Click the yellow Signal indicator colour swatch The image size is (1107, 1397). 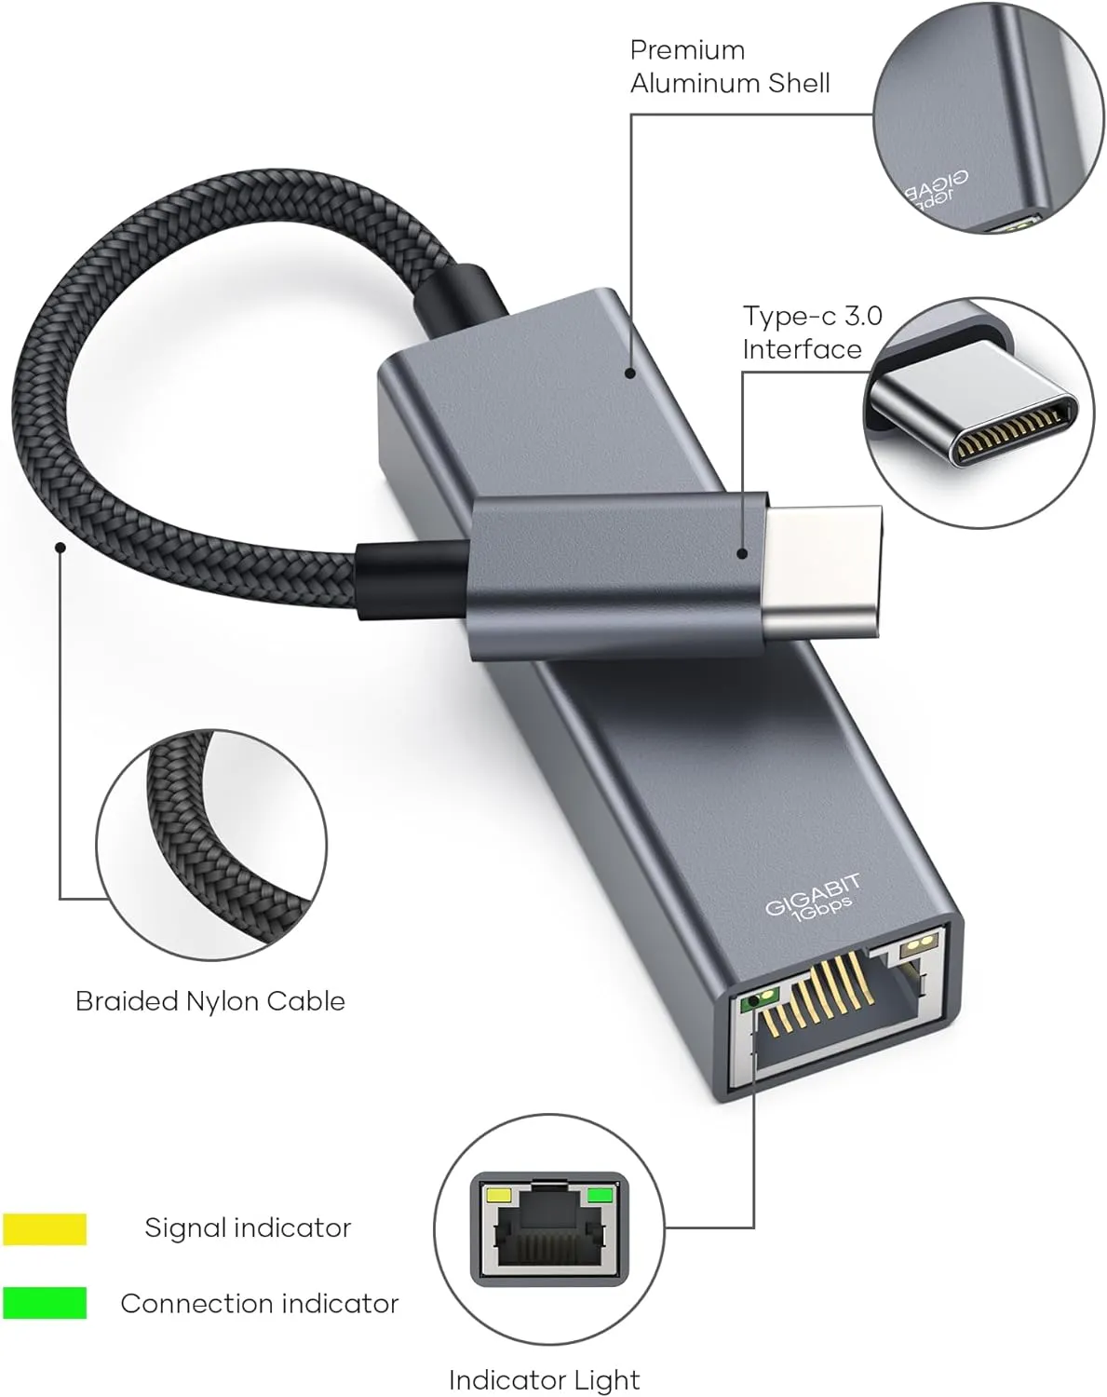(x=45, y=1228)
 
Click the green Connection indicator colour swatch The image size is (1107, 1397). (x=45, y=1303)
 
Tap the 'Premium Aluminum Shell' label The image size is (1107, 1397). (x=729, y=66)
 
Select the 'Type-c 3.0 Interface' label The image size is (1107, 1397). (x=811, y=332)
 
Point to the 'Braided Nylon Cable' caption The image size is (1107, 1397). (x=210, y=1001)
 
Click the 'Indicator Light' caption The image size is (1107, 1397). (x=544, y=1379)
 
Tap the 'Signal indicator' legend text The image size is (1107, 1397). (x=248, y=1227)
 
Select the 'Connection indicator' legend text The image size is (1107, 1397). (x=260, y=1303)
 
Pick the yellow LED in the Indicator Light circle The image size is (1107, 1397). (x=500, y=1195)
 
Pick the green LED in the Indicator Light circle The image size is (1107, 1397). (x=600, y=1195)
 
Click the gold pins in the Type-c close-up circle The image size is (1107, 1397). (x=1010, y=432)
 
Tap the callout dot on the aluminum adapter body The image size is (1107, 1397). (x=630, y=373)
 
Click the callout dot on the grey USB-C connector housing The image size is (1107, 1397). (x=742, y=553)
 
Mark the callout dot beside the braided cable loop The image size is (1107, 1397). (x=60, y=547)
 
